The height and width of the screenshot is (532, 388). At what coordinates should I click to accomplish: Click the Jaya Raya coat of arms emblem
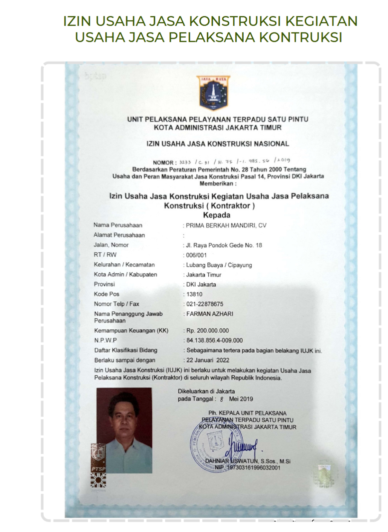(213, 93)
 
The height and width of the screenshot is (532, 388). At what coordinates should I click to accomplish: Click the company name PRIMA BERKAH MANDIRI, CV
(226, 225)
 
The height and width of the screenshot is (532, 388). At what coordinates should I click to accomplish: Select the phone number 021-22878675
(205, 304)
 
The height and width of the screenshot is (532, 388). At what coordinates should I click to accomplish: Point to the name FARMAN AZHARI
(210, 314)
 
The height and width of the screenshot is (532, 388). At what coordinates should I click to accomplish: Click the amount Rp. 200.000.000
(208, 331)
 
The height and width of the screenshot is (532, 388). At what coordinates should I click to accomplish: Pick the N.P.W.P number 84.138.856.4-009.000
(214, 341)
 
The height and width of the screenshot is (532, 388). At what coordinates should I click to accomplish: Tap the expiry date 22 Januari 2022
(208, 360)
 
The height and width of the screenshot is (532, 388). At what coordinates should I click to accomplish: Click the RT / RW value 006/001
(196, 255)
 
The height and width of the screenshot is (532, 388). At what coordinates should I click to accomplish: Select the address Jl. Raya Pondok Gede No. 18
(224, 245)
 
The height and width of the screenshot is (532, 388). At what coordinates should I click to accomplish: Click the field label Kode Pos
(107, 294)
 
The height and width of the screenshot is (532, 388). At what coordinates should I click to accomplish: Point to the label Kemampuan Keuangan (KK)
(131, 331)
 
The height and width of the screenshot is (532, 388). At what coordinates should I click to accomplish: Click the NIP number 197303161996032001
(253, 468)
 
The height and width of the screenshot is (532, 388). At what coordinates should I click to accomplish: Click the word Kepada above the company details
(217, 216)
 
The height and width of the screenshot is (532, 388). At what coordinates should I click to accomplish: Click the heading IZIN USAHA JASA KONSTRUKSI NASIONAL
(218, 144)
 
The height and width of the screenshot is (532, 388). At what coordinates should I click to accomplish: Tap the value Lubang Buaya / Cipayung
(219, 265)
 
